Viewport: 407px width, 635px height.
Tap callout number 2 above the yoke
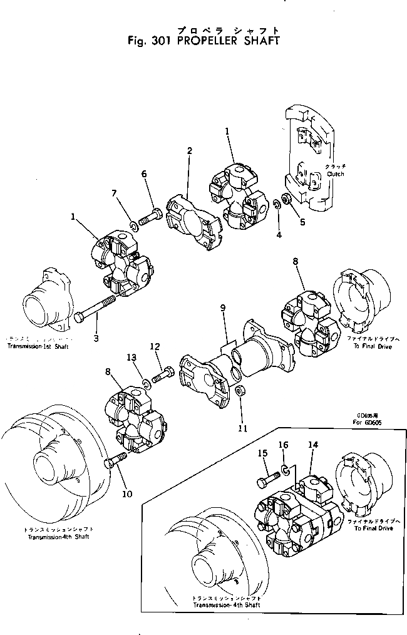click(x=189, y=150)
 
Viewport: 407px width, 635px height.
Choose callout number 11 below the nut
click(x=242, y=428)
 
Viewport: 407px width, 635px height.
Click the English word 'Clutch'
click(x=335, y=174)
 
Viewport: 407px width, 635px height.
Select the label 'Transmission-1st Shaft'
click(x=38, y=346)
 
